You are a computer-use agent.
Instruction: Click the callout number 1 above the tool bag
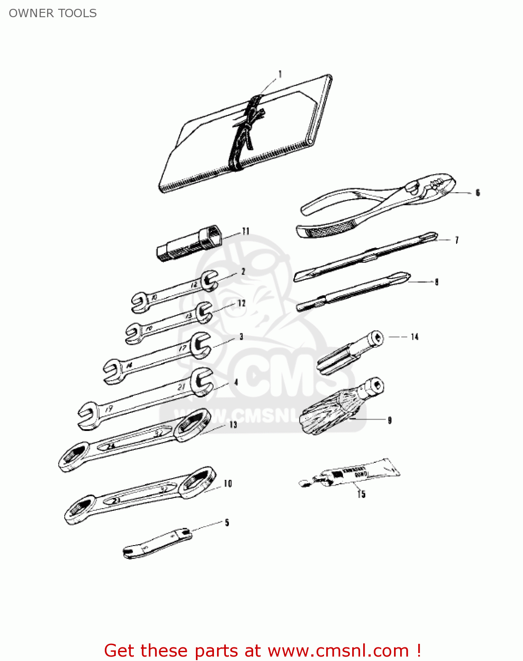(x=280, y=74)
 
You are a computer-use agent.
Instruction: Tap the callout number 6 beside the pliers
(x=478, y=193)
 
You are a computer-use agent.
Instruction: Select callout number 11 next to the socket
(x=246, y=231)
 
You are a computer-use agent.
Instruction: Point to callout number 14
(x=414, y=337)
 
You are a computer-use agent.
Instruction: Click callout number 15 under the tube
(x=361, y=494)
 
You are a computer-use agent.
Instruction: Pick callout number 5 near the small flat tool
(x=227, y=523)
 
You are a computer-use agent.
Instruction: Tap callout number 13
(x=233, y=424)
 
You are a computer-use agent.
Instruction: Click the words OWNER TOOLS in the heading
(x=53, y=13)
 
